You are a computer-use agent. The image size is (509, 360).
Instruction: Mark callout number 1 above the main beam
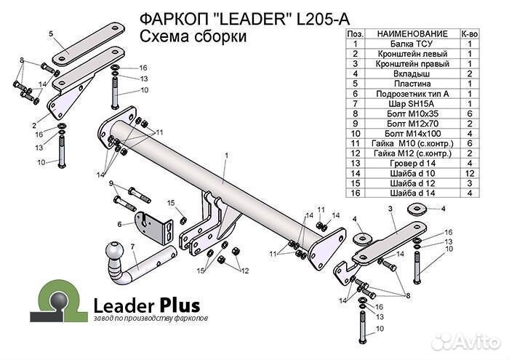(226, 156)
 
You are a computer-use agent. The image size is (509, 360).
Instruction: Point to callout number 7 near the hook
(132, 247)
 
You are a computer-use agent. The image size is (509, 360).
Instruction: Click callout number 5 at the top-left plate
(52, 33)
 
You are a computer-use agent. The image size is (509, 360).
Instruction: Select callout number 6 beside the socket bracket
(119, 223)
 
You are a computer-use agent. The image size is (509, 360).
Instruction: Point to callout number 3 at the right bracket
(390, 209)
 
